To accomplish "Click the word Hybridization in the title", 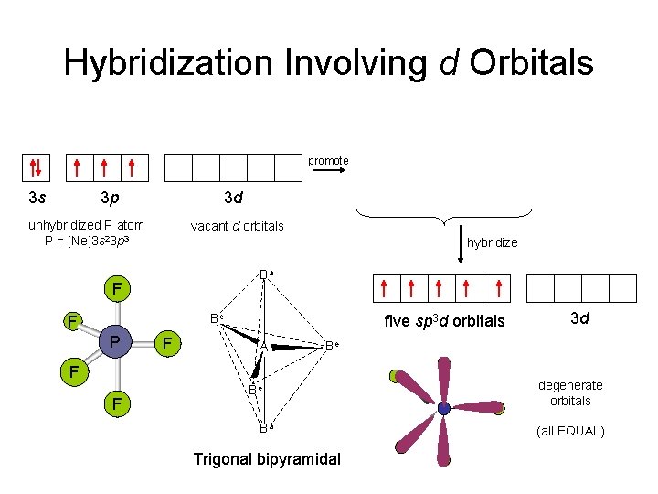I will (168, 63).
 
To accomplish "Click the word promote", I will (328, 161).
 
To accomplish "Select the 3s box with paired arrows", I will (35, 167).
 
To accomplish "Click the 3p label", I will (110, 197).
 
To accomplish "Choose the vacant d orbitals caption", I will (237, 226).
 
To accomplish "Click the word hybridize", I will (492, 242).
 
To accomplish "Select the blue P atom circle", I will (114, 341).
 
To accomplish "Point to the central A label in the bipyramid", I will (262, 347).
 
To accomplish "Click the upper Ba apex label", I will (266, 274).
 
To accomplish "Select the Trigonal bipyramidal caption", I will (266, 458).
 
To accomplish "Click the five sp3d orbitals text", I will (444, 321).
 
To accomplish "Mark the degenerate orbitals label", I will (570, 392).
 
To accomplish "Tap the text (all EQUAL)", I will (570, 430).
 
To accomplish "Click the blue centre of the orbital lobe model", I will (444, 408).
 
